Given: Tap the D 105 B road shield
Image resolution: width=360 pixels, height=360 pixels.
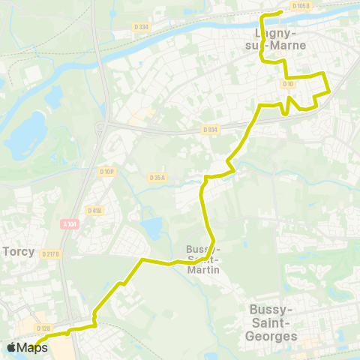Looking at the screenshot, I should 301,6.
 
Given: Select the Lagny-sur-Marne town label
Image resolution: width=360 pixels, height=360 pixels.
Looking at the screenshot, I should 274,38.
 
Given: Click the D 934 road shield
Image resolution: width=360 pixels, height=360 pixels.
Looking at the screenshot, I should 209,129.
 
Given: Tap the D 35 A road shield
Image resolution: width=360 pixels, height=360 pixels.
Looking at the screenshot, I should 156,178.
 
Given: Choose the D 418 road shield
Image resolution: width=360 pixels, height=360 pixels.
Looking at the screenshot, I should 94,210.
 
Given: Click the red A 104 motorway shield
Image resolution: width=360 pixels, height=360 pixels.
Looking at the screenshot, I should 70,223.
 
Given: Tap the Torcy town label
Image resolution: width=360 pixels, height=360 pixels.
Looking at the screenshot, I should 19,252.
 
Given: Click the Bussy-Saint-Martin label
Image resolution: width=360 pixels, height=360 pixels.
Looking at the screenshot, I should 202,259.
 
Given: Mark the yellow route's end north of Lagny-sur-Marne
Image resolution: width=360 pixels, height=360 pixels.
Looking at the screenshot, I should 280,13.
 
